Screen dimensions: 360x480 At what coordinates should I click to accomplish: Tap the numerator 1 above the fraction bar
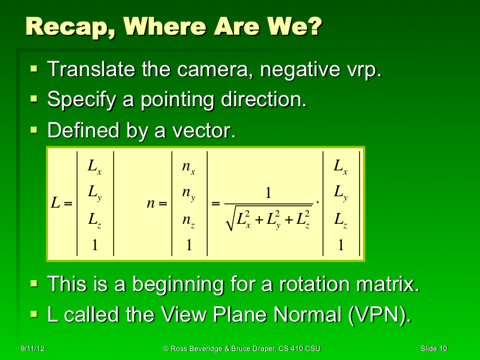click(x=269, y=193)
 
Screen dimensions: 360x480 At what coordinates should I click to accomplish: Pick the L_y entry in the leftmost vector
click(x=94, y=193)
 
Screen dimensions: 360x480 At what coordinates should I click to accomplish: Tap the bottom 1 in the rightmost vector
click(x=341, y=245)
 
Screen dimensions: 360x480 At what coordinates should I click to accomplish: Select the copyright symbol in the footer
click(x=166, y=349)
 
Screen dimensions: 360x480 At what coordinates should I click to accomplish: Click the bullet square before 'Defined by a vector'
click(x=34, y=129)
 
